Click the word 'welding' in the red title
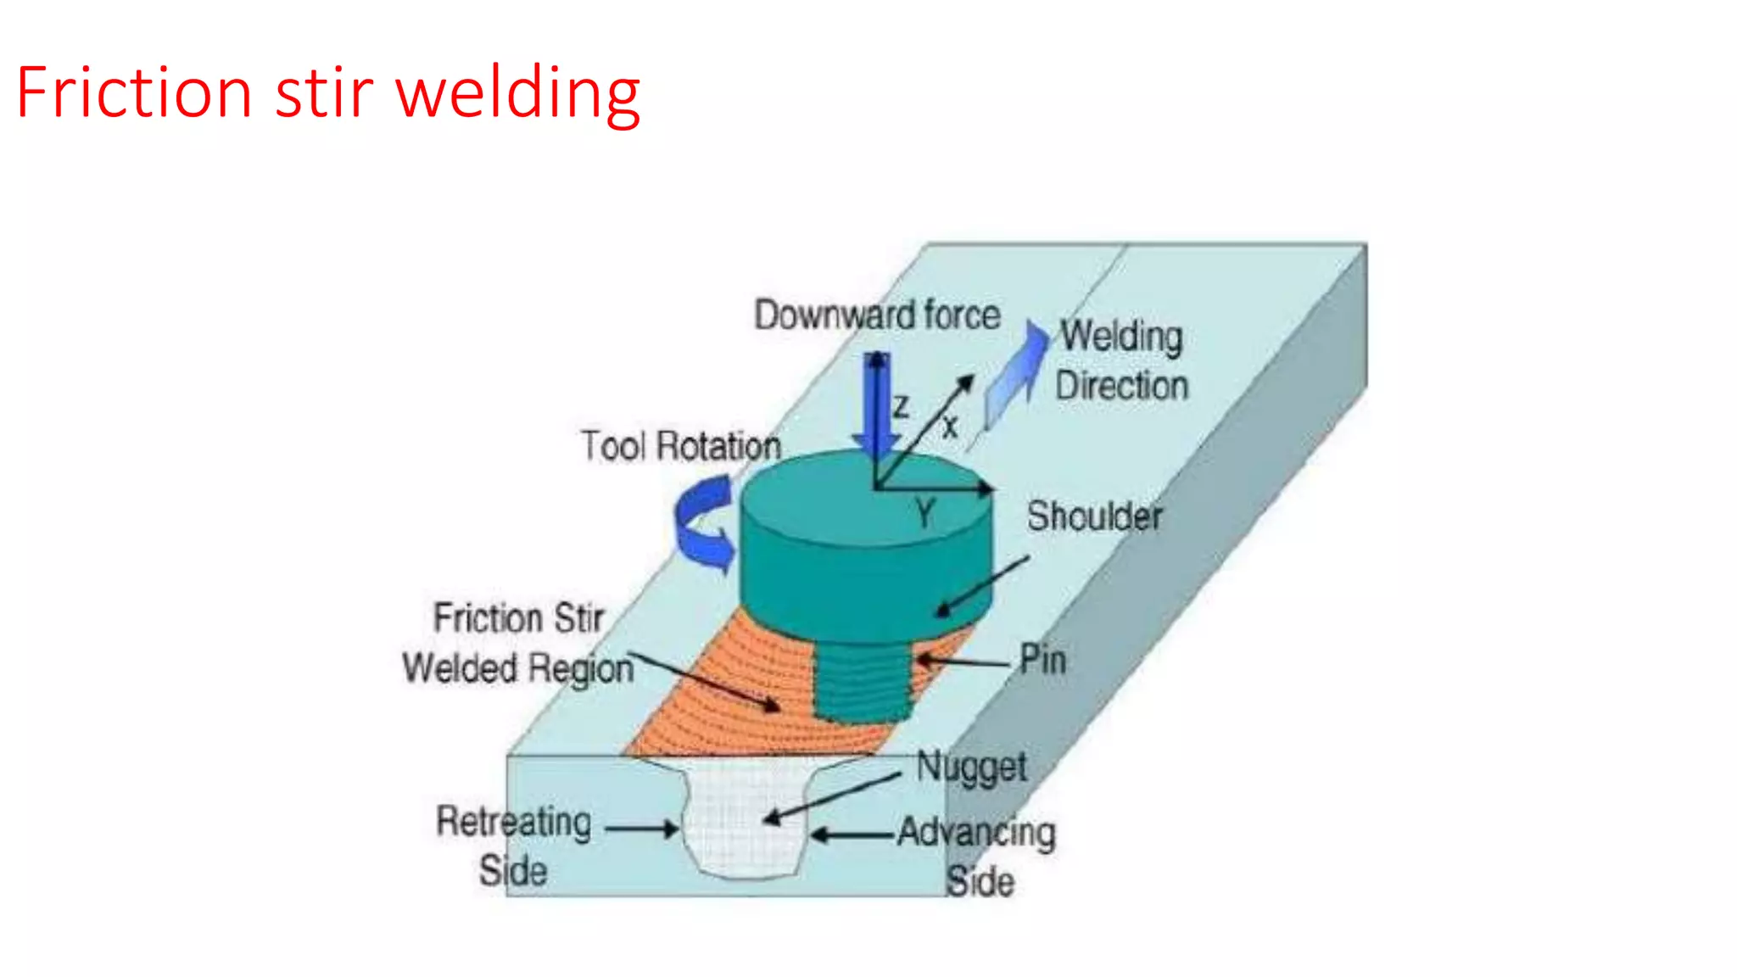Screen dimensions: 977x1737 (x=517, y=93)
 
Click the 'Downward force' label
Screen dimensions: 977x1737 (x=878, y=315)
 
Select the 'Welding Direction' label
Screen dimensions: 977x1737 (x=1121, y=360)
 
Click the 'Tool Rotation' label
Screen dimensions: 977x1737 (x=680, y=446)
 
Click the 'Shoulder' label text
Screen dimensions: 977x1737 (x=1094, y=516)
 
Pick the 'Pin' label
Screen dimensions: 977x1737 (x=1042, y=659)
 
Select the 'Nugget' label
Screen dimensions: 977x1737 (x=971, y=768)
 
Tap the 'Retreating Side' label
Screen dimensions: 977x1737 (x=513, y=846)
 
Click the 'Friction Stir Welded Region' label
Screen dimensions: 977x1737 (x=517, y=643)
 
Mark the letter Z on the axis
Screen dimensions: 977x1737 (x=901, y=407)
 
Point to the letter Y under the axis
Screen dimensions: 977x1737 (x=924, y=513)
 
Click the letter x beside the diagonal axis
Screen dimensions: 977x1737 (x=950, y=427)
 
